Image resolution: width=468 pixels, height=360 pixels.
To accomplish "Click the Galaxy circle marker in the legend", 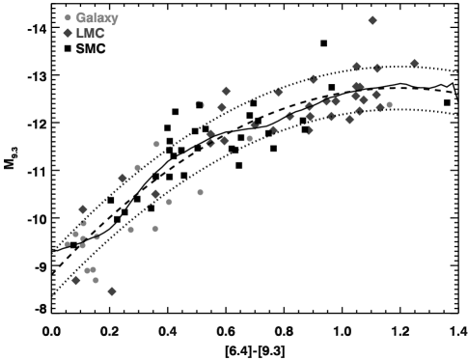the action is click(68, 18).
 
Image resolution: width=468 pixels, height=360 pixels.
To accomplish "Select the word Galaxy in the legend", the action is click(96, 18).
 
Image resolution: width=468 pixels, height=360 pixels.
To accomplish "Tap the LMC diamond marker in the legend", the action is click(68, 34).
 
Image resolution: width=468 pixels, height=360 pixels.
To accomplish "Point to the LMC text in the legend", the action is click(90, 34).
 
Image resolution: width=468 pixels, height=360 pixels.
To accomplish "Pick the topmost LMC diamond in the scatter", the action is click(372, 20).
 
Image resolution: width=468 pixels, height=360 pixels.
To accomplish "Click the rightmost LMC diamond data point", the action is click(414, 64).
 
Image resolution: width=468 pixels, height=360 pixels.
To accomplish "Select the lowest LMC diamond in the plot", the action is click(112, 291).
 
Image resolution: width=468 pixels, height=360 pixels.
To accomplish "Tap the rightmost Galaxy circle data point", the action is click(389, 104).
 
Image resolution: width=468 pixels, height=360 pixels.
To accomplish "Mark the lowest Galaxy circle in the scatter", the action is click(96, 280).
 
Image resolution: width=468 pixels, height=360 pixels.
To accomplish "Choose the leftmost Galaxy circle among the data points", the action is click(68, 244).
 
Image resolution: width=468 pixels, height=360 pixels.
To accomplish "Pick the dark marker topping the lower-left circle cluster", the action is click(83, 208).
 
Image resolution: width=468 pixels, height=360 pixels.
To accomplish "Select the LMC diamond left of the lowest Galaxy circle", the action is click(76, 280).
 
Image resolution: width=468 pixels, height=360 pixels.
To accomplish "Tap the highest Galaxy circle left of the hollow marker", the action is click(156, 144).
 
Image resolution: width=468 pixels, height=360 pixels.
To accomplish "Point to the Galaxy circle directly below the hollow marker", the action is click(200, 192).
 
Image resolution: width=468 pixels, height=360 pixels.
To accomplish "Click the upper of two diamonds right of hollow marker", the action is click(226, 91).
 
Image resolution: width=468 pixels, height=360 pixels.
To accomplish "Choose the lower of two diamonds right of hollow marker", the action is click(222, 107).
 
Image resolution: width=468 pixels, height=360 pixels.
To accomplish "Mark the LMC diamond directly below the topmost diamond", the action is click(356, 67).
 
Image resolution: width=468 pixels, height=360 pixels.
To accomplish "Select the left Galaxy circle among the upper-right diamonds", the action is click(327, 101).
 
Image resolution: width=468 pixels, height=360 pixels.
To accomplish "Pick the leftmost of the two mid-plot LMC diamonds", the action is click(123, 178).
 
